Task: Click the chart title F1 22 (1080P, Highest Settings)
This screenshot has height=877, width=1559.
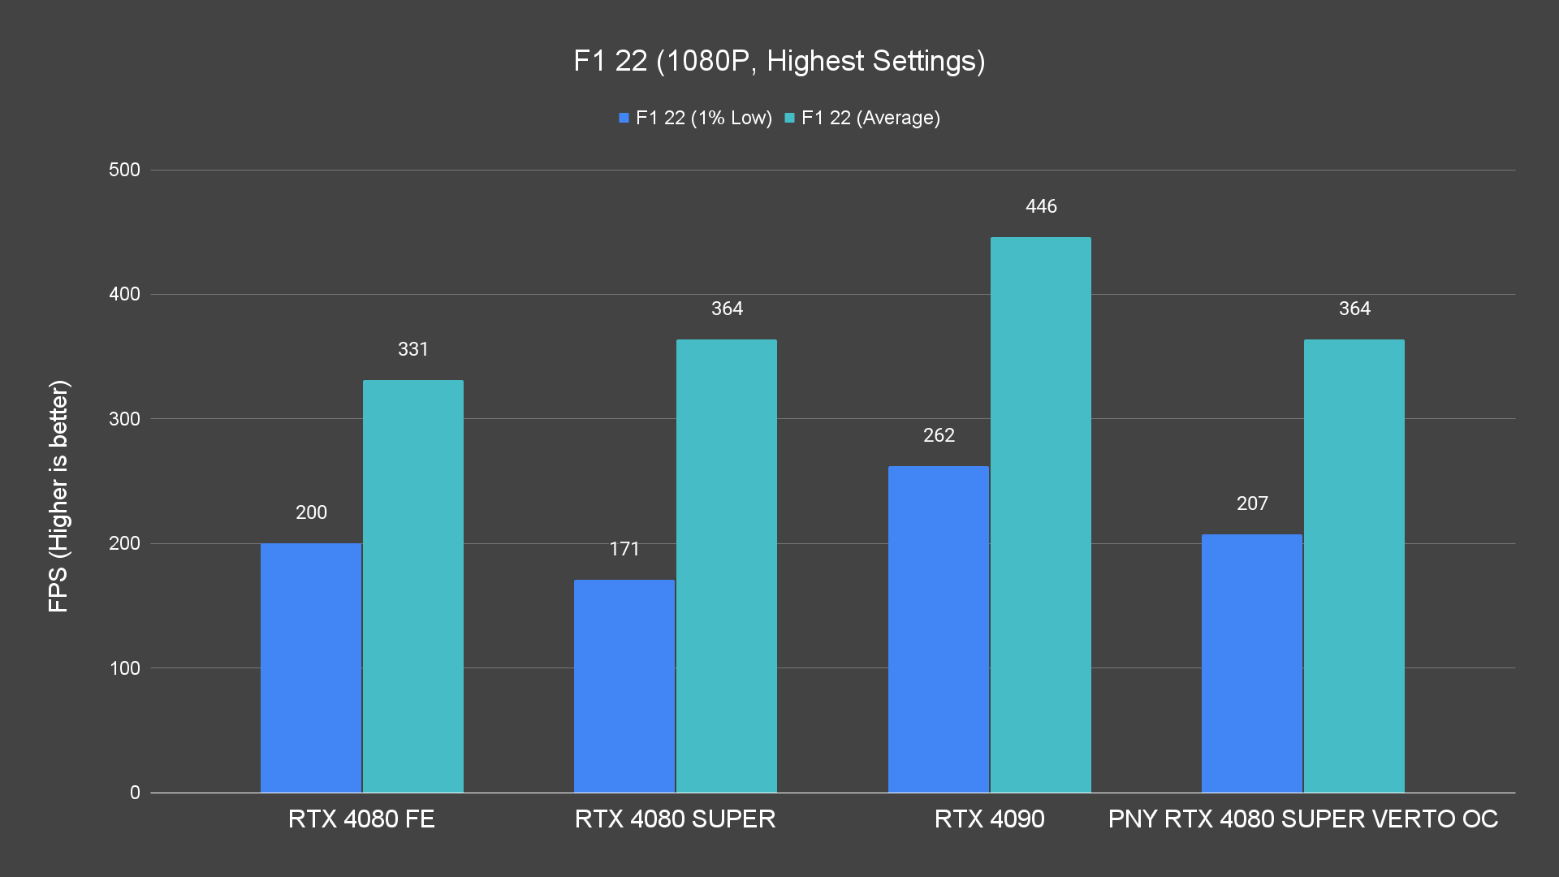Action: click(779, 61)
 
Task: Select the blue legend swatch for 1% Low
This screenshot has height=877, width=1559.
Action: click(624, 119)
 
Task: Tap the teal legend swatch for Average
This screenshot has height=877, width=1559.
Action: click(789, 119)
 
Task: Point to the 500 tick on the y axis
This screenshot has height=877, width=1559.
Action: click(124, 170)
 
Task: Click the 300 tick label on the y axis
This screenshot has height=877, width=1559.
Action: click(124, 419)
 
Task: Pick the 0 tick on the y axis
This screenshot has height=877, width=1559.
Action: click(135, 793)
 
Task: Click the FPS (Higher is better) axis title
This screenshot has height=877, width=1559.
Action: click(58, 495)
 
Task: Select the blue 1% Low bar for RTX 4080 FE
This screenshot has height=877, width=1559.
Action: click(311, 667)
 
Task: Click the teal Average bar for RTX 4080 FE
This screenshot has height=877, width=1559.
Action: click(413, 586)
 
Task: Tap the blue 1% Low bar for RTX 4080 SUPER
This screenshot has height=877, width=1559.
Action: click(624, 686)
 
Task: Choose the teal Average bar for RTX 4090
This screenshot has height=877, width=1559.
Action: click(1041, 515)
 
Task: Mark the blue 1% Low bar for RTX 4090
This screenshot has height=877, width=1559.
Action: click(939, 629)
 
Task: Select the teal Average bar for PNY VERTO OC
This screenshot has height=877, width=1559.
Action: click(1354, 566)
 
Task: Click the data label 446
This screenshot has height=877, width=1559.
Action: click(1041, 206)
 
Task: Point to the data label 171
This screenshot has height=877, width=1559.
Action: click(624, 549)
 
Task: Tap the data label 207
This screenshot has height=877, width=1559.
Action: click(1252, 503)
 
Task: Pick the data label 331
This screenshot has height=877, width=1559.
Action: click(413, 349)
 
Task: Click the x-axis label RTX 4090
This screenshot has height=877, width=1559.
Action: click(989, 819)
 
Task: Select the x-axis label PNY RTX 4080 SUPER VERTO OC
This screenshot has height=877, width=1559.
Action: click(1303, 819)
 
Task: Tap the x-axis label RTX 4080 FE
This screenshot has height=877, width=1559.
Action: click(361, 819)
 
